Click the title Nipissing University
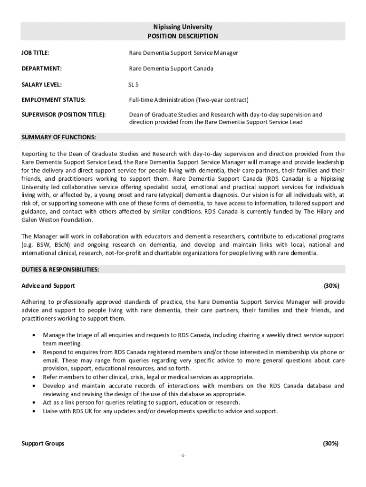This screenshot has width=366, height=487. (x=183, y=27)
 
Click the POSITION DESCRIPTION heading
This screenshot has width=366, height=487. (x=183, y=36)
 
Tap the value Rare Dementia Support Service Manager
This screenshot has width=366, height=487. (x=183, y=53)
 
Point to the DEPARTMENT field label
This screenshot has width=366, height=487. (x=42, y=68)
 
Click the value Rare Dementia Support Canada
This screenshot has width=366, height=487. (x=171, y=68)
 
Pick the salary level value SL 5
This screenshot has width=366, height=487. (x=134, y=85)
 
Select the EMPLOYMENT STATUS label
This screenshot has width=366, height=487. (x=53, y=100)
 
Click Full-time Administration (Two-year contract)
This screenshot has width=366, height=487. (x=189, y=100)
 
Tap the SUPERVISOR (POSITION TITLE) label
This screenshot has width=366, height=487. (x=64, y=115)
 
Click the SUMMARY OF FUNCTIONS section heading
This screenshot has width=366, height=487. (x=59, y=137)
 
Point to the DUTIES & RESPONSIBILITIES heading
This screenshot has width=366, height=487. (x=60, y=270)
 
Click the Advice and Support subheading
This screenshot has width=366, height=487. (x=48, y=286)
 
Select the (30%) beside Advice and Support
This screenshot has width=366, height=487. (x=331, y=286)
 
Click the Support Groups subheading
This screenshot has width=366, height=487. (x=43, y=443)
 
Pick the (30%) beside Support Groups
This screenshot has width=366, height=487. (x=331, y=443)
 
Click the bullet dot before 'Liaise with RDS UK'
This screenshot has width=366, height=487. (x=33, y=411)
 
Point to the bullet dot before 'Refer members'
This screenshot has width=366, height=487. (x=33, y=377)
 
